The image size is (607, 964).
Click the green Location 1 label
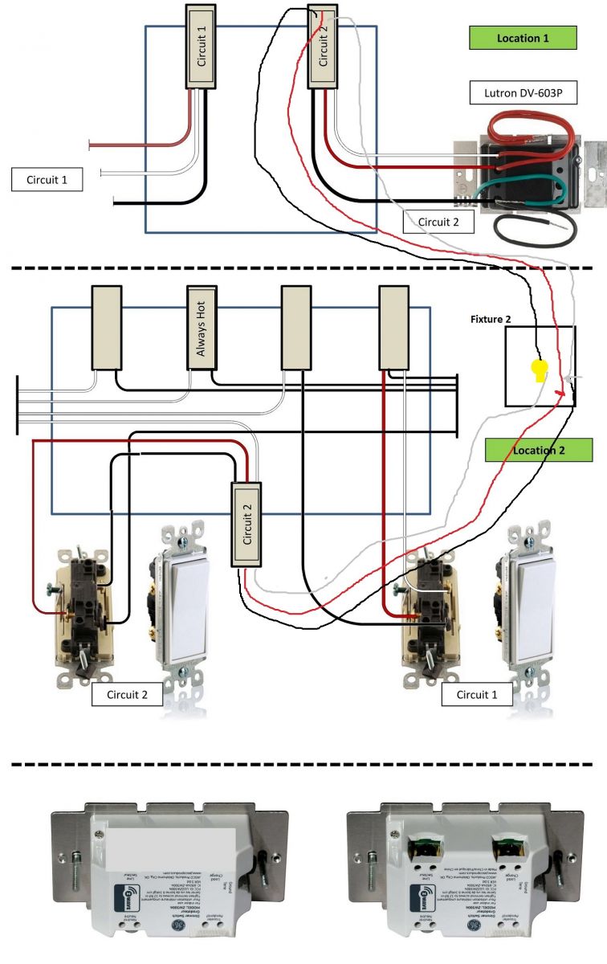pyautogui.click(x=523, y=38)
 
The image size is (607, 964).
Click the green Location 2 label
pyautogui.click(x=539, y=450)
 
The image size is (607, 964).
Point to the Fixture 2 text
pyautogui.click(x=491, y=319)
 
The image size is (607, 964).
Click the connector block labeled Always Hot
pyautogui.click(x=202, y=328)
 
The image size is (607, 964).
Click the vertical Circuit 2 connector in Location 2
pyautogui.click(x=247, y=524)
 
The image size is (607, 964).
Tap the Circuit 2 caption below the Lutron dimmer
pyautogui.click(x=438, y=222)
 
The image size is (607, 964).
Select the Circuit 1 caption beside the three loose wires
pyautogui.click(x=47, y=180)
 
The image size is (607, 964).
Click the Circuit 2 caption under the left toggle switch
pyautogui.click(x=127, y=694)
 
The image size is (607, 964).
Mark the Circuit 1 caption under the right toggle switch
pyautogui.click(x=477, y=694)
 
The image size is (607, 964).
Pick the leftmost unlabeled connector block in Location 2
pyautogui.click(x=105, y=328)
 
